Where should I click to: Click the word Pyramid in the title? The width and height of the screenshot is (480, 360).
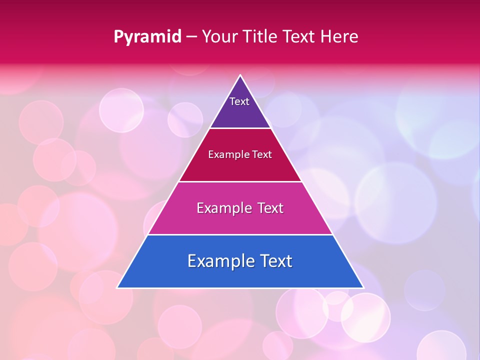pyautogui.click(x=147, y=37)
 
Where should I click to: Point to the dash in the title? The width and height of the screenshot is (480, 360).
pyautogui.click(x=191, y=37)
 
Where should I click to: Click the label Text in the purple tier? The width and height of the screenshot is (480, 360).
pyautogui.click(x=239, y=101)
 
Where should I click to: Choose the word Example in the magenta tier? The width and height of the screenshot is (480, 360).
pyautogui.click(x=223, y=208)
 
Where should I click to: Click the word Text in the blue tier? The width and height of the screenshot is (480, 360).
pyautogui.click(x=275, y=261)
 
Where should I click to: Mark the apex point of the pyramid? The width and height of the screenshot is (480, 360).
pyautogui.click(x=240, y=75)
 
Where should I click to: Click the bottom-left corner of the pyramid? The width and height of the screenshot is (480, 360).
pyautogui.click(x=118, y=287)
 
